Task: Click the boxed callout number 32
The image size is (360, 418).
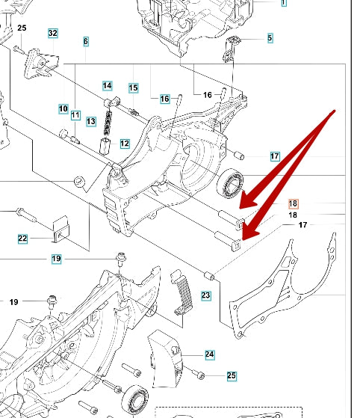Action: pos(53,33)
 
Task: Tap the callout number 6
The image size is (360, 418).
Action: pos(86,41)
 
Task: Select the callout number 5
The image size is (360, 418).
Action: pos(270,38)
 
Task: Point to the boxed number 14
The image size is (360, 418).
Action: pos(108,85)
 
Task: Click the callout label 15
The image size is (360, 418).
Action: pos(134,88)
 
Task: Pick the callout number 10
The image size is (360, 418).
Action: pos(63,108)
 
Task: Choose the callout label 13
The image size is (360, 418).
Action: pos(91,122)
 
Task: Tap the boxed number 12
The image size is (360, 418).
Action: pos(125,144)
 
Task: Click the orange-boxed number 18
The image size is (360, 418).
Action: pos(294,204)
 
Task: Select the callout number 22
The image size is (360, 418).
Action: pos(22,239)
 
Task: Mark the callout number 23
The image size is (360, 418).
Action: pos(206,295)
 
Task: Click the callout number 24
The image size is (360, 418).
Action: pos(210,354)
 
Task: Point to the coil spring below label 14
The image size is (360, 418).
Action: pos(108,123)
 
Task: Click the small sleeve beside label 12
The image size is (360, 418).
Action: pos(105,146)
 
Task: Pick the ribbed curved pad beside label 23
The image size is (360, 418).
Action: pos(182,292)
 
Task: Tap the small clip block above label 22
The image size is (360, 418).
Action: pos(61,230)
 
